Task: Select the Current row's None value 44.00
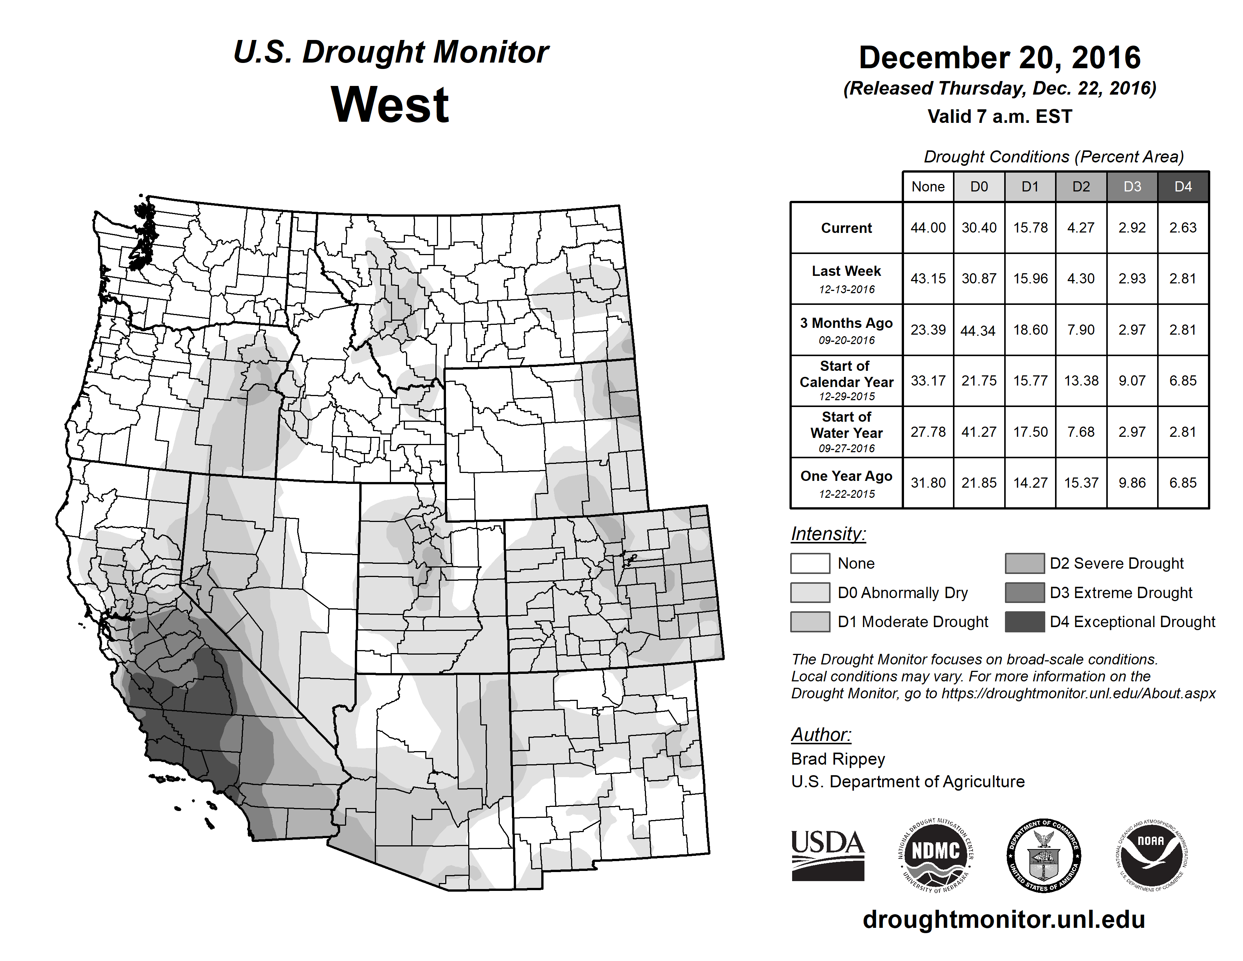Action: pyautogui.click(x=928, y=228)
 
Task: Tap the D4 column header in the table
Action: pyautogui.click(x=1183, y=187)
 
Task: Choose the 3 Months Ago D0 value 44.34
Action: pyautogui.click(x=978, y=330)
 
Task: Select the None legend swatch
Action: pyautogui.click(x=810, y=563)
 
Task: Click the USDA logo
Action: pyautogui.click(x=828, y=855)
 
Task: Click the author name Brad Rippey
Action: pyautogui.click(x=838, y=759)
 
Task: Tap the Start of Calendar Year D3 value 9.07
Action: pyautogui.click(x=1132, y=381)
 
